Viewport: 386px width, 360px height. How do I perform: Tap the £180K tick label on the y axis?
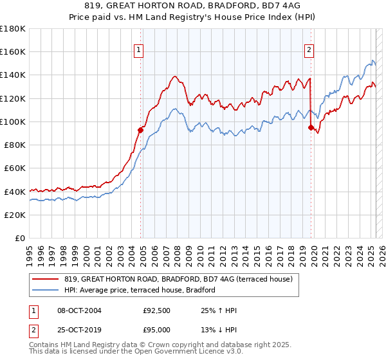click(x=12, y=29)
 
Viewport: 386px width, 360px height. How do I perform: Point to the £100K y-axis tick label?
click(x=12, y=122)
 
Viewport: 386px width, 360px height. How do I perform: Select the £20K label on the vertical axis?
click(x=14, y=215)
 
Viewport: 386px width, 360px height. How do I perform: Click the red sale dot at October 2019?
click(x=311, y=128)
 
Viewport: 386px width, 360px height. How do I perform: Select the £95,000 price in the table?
click(x=157, y=330)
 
